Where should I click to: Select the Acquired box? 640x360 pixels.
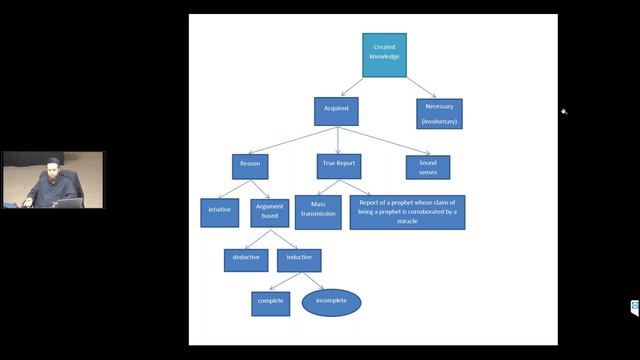(x=336, y=110)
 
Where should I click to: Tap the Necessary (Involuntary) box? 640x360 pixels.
(x=439, y=113)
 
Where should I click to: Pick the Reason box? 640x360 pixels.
(x=249, y=166)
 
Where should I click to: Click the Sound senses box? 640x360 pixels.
(x=427, y=166)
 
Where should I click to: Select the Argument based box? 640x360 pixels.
(x=270, y=212)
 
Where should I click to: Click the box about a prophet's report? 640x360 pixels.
(x=407, y=212)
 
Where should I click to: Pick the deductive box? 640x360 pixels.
(x=245, y=259)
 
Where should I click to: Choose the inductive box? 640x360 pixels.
(x=298, y=259)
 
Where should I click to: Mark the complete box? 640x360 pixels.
(x=270, y=302)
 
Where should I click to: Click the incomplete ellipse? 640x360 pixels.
(x=331, y=302)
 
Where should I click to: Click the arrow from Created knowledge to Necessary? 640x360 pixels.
(x=420, y=87)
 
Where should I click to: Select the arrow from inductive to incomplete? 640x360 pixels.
(x=313, y=280)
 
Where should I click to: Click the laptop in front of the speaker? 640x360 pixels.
(x=68, y=202)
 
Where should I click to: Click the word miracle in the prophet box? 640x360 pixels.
(x=407, y=221)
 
